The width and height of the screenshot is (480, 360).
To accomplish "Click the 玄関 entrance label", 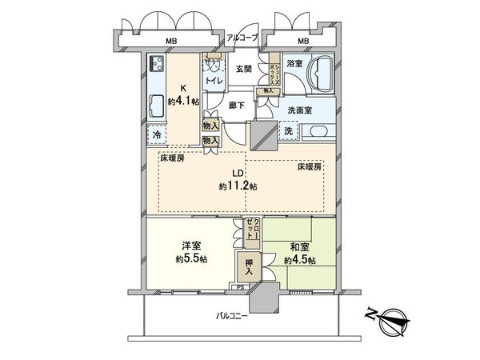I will click(244, 69).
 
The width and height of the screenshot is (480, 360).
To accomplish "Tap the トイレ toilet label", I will click(214, 81).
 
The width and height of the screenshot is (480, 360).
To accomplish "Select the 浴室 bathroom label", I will click(294, 64).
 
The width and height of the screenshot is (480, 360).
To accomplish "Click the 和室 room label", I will click(299, 246).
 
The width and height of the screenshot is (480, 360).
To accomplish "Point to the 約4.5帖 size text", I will click(299, 261).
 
